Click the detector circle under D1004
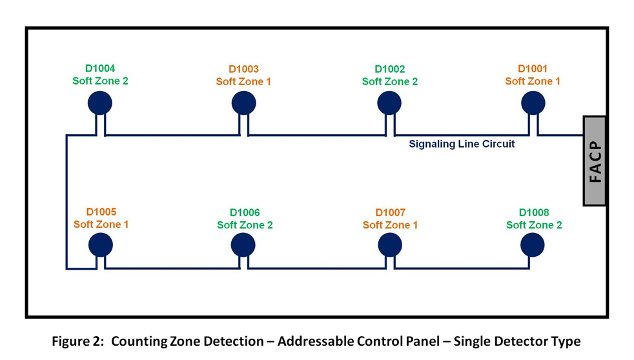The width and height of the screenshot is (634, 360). point(100,102)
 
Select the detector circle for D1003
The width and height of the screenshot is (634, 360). point(244,103)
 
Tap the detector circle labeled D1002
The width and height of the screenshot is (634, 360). point(389,103)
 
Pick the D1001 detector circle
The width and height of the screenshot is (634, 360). point(533,102)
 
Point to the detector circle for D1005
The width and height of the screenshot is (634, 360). point(101,245)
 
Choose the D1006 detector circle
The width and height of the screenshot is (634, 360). point(243,245)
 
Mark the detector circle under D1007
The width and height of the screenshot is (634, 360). point(390,245)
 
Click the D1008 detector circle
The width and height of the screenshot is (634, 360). point(533,245)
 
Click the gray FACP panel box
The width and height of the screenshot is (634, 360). point(595,161)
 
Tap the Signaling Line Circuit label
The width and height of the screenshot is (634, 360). point(462,144)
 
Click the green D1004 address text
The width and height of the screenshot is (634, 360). point(100,68)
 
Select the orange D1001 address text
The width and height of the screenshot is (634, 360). point(533,68)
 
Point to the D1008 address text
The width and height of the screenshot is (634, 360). point(534,212)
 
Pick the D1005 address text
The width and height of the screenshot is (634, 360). point(101,212)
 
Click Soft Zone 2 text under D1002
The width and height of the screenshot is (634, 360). point(389,81)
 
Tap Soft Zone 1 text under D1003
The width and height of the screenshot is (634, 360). point(243,81)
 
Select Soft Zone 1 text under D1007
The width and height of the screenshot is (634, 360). point(390,225)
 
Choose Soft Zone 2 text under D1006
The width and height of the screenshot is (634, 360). point(245,225)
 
